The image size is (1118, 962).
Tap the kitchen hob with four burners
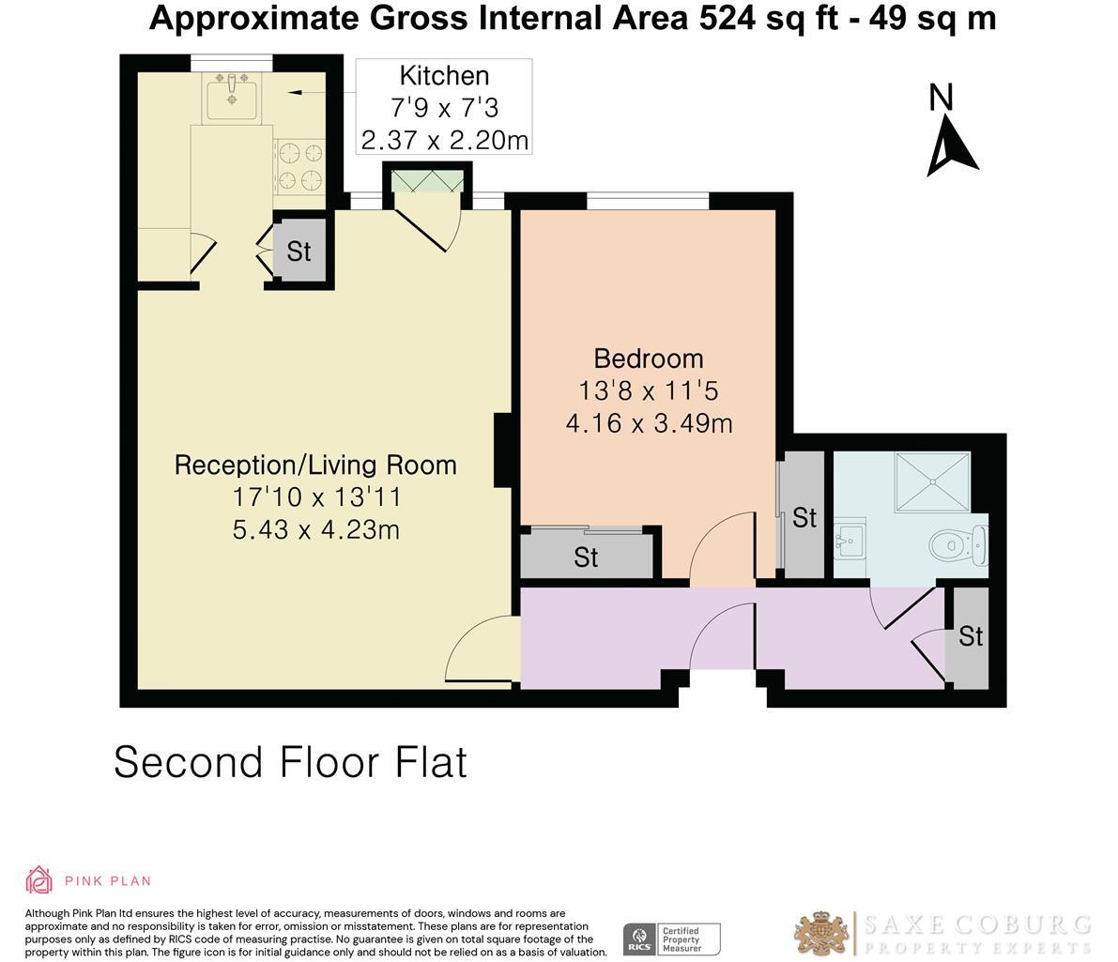pyautogui.click(x=299, y=165)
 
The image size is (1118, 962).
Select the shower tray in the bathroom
pyautogui.click(x=932, y=481)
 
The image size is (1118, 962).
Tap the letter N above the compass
pyautogui.click(x=942, y=97)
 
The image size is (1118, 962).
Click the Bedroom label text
pyautogui.click(x=649, y=359)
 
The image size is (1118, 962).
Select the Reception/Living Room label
pyautogui.click(x=315, y=465)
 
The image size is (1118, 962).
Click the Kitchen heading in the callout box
pyautogui.click(x=444, y=76)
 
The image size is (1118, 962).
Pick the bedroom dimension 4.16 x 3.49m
pyautogui.click(x=649, y=423)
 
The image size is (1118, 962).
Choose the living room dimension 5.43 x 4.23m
pyautogui.click(x=315, y=530)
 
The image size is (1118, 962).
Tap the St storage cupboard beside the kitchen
pyautogui.click(x=299, y=252)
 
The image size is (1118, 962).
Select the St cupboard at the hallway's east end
pyautogui.click(x=970, y=637)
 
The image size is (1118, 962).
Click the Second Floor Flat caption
pyautogui.click(x=290, y=762)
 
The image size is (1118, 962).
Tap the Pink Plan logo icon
pyautogui.click(x=39, y=880)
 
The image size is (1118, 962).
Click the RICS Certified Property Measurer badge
pyautogui.click(x=672, y=939)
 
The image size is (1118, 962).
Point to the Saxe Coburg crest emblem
pyautogui.click(x=822, y=934)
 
